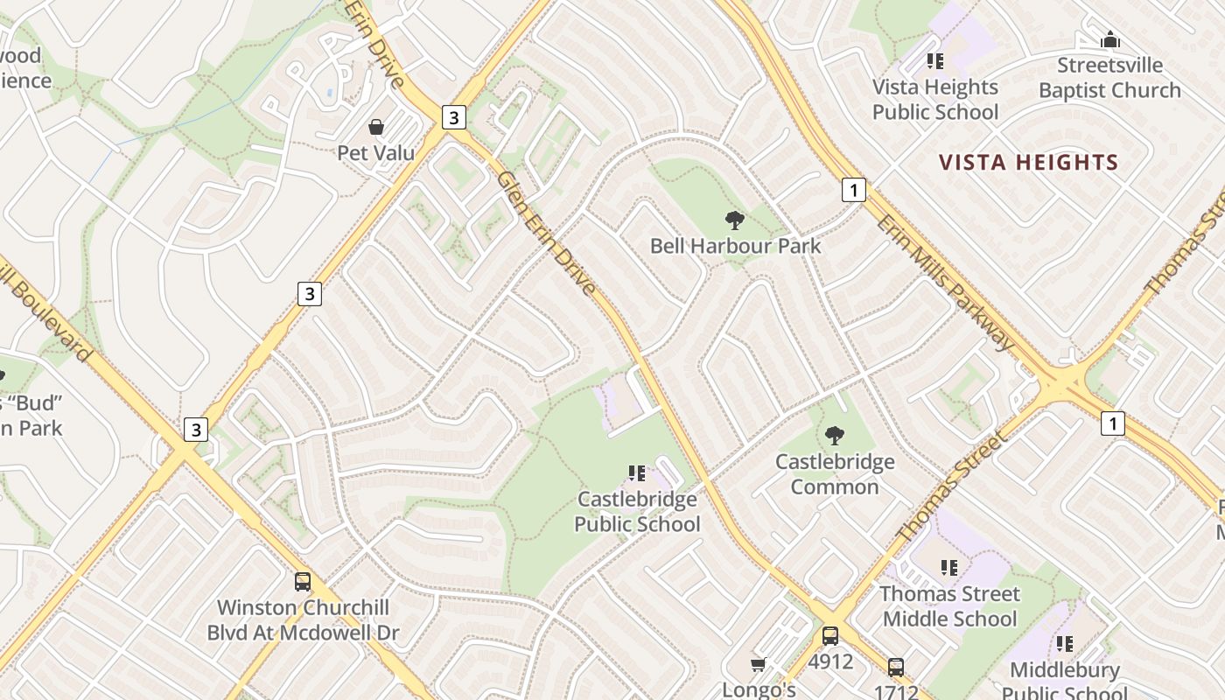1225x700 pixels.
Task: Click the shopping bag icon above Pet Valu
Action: (x=376, y=128)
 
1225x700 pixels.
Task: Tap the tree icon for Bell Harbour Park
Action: (x=735, y=220)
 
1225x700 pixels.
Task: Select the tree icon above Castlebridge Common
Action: (x=835, y=435)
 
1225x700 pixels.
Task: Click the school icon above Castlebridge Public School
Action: (x=637, y=473)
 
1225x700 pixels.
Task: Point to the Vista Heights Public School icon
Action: (x=935, y=61)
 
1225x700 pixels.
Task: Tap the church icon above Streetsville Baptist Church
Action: (x=1110, y=39)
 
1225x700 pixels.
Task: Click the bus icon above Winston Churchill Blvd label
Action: (x=303, y=581)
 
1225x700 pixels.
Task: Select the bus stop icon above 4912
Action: (x=829, y=636)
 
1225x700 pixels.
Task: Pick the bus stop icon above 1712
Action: (x=896, y=668)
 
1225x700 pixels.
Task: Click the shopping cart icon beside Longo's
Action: (x=759, y=665)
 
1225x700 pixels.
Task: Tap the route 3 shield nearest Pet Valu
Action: (x=453, y=116)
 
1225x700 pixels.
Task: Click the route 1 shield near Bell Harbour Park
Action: (x=854, y=189)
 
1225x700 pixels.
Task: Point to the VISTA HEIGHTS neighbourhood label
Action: (x=1028, y=163)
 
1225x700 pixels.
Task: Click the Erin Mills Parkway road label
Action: (x=945, y=280)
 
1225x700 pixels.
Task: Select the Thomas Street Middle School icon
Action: (x=949, y=568)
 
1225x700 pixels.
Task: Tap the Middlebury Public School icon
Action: (x=1065, y=644)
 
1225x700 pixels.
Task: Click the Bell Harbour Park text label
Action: (x=735, y=246)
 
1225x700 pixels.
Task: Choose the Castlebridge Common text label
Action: (x=835, y=473)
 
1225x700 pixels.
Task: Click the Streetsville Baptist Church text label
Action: (x=1109, y=78)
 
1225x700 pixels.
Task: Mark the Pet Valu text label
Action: (x=376, y=153)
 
